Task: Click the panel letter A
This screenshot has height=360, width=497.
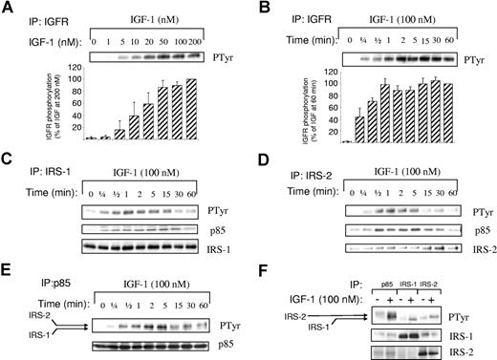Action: [9, 9]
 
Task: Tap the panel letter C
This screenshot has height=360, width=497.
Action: [9, 156]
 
